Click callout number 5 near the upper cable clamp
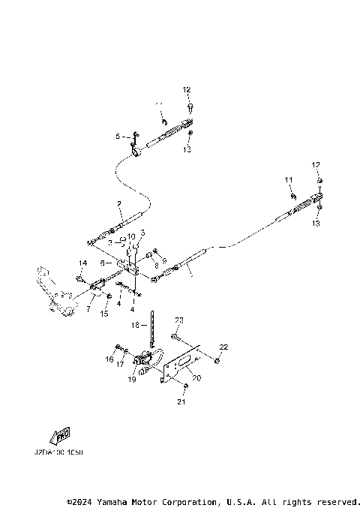coord(117,137)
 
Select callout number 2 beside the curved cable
coord(118,204)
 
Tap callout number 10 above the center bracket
coord(131,237)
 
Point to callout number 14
coord(82,263)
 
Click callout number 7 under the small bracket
coord(89,308)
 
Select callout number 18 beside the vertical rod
coord(136,325)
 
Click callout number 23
coord(179,320)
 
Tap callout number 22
coord(223,346)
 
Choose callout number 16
coord(109,359)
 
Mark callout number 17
coord(119,364)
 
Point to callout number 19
coord(133,380)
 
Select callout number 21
coord(180,402)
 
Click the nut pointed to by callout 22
coord(216,362)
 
